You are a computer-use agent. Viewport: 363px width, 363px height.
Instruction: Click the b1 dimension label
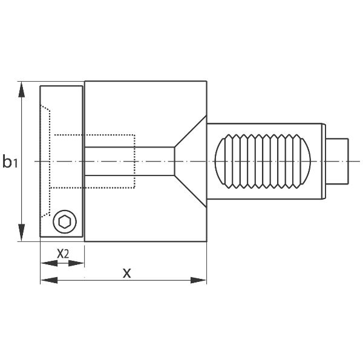pyautogui.click(x=10, y=162)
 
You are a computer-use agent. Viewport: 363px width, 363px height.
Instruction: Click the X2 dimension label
pyautogui.click(x=63, y=254)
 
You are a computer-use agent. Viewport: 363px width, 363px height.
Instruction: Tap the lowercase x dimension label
pyautogui.click(x=127, y=273)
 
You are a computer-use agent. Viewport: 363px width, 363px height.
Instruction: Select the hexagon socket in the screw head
pyautogui.click(x=65, y=222)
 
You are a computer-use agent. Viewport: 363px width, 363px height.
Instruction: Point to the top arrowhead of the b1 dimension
pyautogui.click(x=21, y=90)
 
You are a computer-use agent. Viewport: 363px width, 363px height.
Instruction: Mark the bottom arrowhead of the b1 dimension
pyautogui.click(x=21, y=233)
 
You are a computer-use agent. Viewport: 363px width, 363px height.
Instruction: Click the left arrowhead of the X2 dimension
pyautogui.click(x=49, y=263)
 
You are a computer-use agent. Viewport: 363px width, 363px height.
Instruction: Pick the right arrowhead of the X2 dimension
pyautogui.click(x=76, y=263)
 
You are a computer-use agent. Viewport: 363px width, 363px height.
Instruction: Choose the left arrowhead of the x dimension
pyautogui.click(x=49, y=280)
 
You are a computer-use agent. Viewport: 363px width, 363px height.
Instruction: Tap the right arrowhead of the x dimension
pyautogui.click(x=198, y=280)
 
